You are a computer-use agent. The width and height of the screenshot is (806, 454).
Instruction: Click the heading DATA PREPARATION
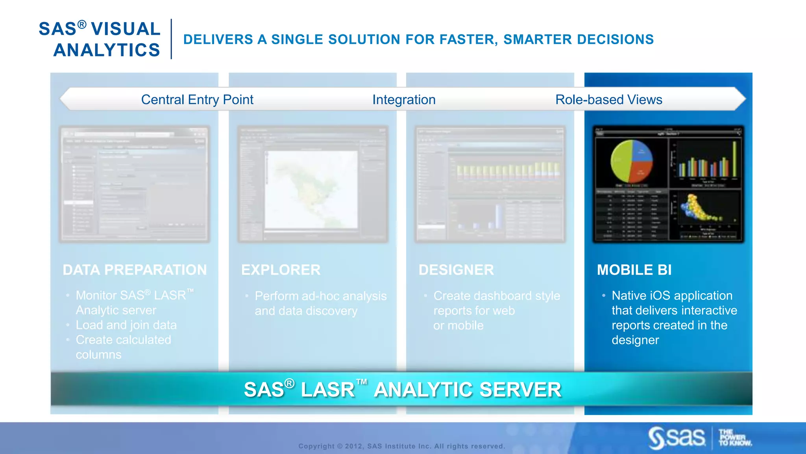point(135,270)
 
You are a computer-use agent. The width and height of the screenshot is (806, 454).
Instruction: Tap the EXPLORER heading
point(281,270)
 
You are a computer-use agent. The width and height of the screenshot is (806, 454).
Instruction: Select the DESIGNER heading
point(456,270)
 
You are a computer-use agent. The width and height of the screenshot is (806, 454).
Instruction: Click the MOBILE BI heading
point(634,270)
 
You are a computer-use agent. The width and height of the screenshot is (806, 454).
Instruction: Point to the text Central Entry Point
point(197,100)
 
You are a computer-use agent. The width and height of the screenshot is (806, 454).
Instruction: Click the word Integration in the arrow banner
point(404,100)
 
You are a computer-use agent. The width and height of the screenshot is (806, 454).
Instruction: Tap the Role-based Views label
point(608,100)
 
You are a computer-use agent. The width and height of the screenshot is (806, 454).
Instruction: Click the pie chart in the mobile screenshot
point(631,162)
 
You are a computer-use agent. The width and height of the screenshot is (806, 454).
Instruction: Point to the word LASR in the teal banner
point(327,390)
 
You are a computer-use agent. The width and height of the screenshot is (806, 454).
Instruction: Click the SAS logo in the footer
point(677,437)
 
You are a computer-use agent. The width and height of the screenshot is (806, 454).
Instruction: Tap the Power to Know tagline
point(734,438)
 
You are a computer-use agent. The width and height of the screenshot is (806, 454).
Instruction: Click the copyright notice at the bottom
point(401,446)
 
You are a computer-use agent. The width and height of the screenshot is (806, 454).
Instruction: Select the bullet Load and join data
point(126,325)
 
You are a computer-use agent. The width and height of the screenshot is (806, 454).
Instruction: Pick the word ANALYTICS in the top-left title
point(107,50)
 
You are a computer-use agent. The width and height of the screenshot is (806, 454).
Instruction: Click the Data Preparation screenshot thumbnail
point(134,184)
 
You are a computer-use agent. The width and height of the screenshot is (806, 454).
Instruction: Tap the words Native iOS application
point(672,296)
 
